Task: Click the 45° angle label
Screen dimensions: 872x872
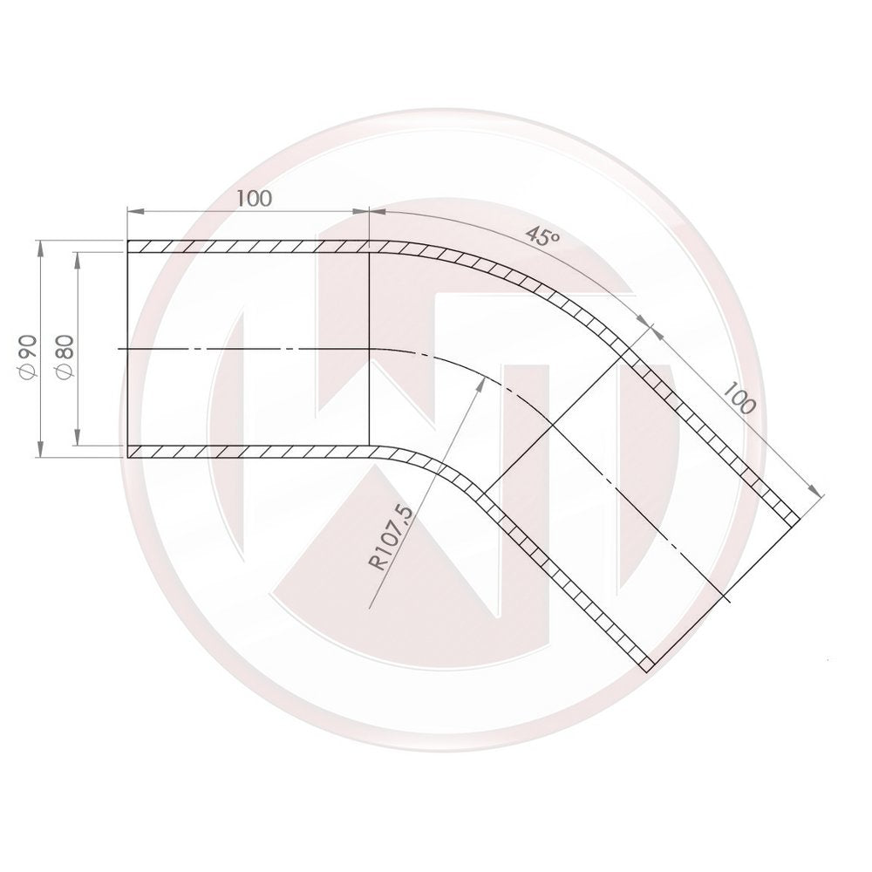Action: click(542, 236)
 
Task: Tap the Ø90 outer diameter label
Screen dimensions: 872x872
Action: click(25, 356)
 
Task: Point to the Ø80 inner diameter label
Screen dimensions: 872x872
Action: click(63, 356)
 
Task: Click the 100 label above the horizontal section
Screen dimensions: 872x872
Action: click(254, 198)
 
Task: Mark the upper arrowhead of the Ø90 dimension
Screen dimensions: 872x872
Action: click(41, 247)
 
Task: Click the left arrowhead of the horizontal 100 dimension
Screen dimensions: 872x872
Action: click(133, 210)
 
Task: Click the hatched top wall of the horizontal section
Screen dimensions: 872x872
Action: click(249, 247)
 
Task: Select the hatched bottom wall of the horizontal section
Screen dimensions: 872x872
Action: click(249, 453)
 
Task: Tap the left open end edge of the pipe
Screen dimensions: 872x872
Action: click(128, 349)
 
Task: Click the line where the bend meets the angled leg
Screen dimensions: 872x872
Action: click(554, 427)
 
